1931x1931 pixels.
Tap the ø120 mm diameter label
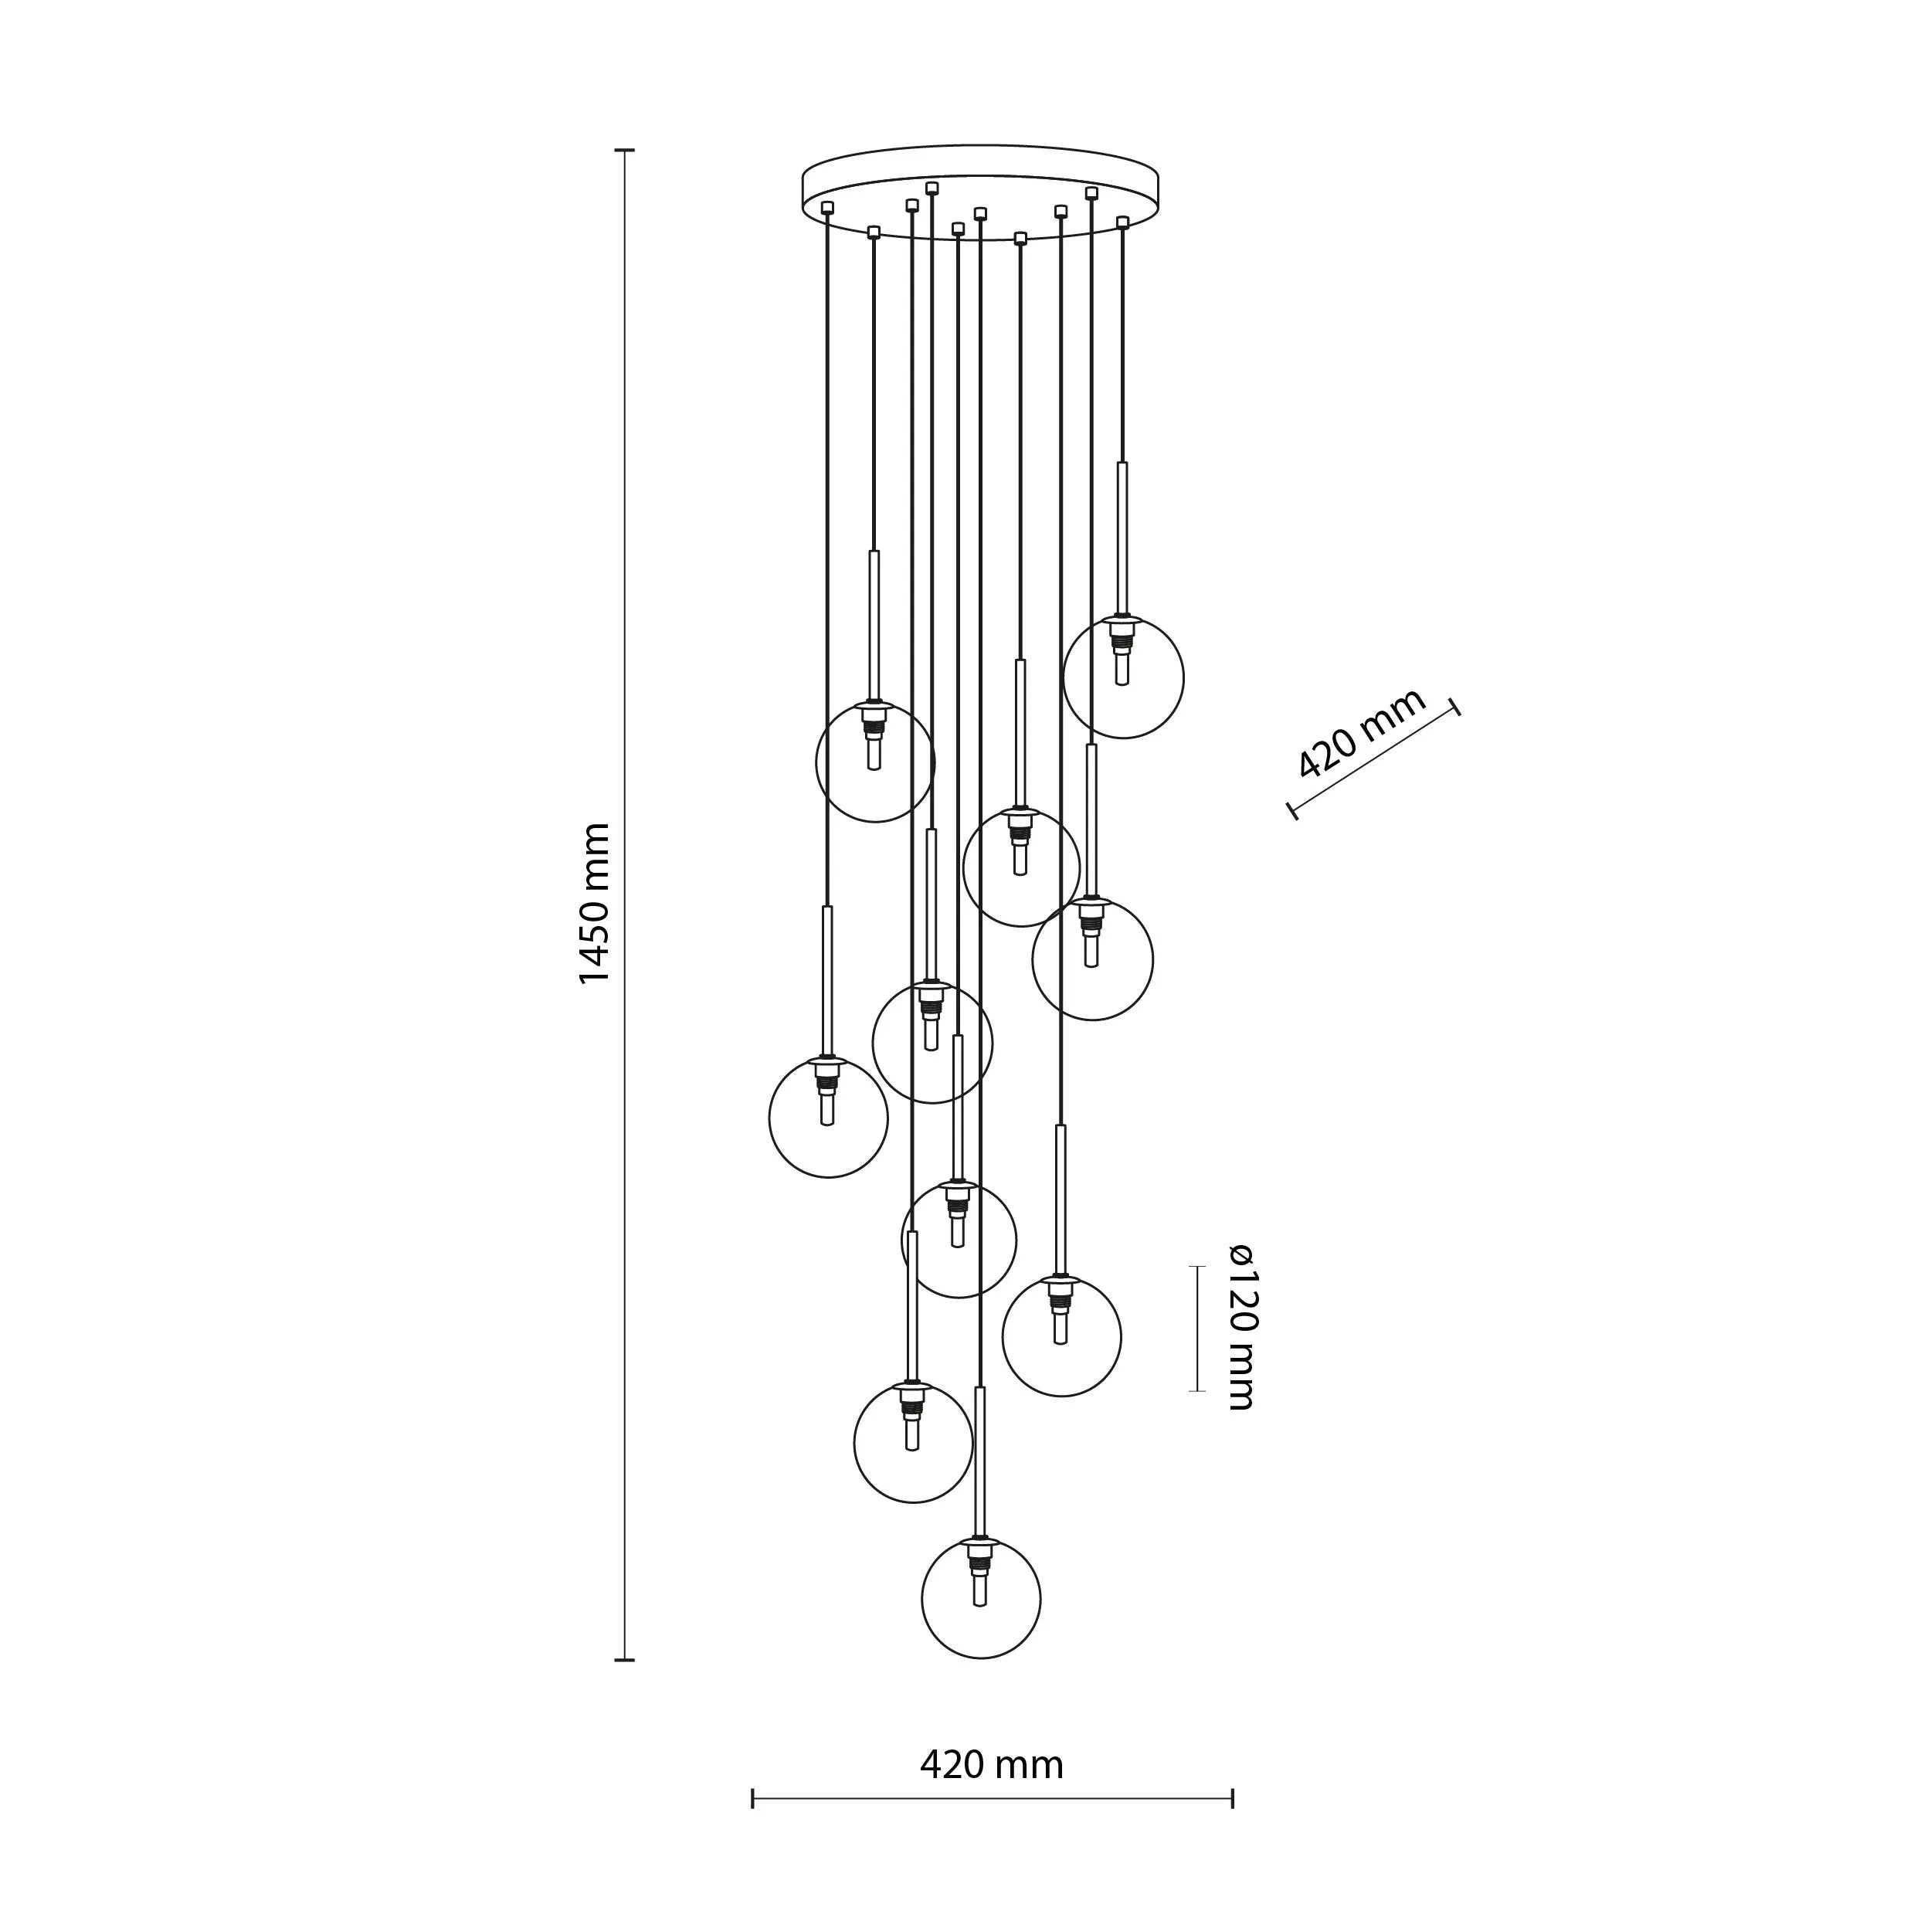(1240, 1327)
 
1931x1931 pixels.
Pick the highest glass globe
(1123, 677)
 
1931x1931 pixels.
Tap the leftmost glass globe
(829, 1118)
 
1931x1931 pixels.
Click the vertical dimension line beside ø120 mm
(1197, 1329)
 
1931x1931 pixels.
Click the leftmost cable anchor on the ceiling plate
(826, 208)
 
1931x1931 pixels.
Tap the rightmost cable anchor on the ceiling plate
(1122, 221)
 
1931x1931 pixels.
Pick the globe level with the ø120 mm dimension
(1061, 1336)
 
